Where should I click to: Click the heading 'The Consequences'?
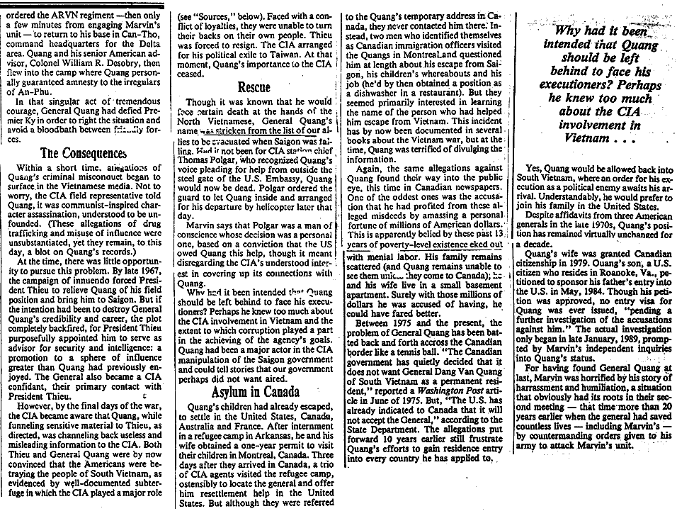[79, 152]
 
